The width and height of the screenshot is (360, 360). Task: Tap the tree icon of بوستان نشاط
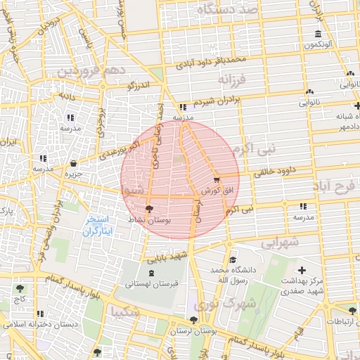coord(148,209)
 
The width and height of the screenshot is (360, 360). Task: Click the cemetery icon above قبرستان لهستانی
coord(152,272)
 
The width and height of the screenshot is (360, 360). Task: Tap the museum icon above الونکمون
coord(319,34)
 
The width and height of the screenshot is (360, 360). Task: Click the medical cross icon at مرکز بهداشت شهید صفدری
coord(302,270)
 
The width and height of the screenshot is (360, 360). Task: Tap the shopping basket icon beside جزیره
coord(73,164)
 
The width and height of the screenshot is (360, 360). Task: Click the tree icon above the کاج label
coord(19,288)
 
